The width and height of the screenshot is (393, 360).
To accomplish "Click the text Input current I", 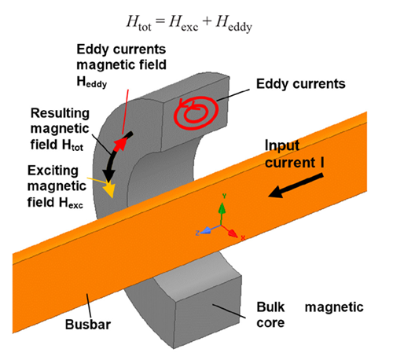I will tap(293, 153).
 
